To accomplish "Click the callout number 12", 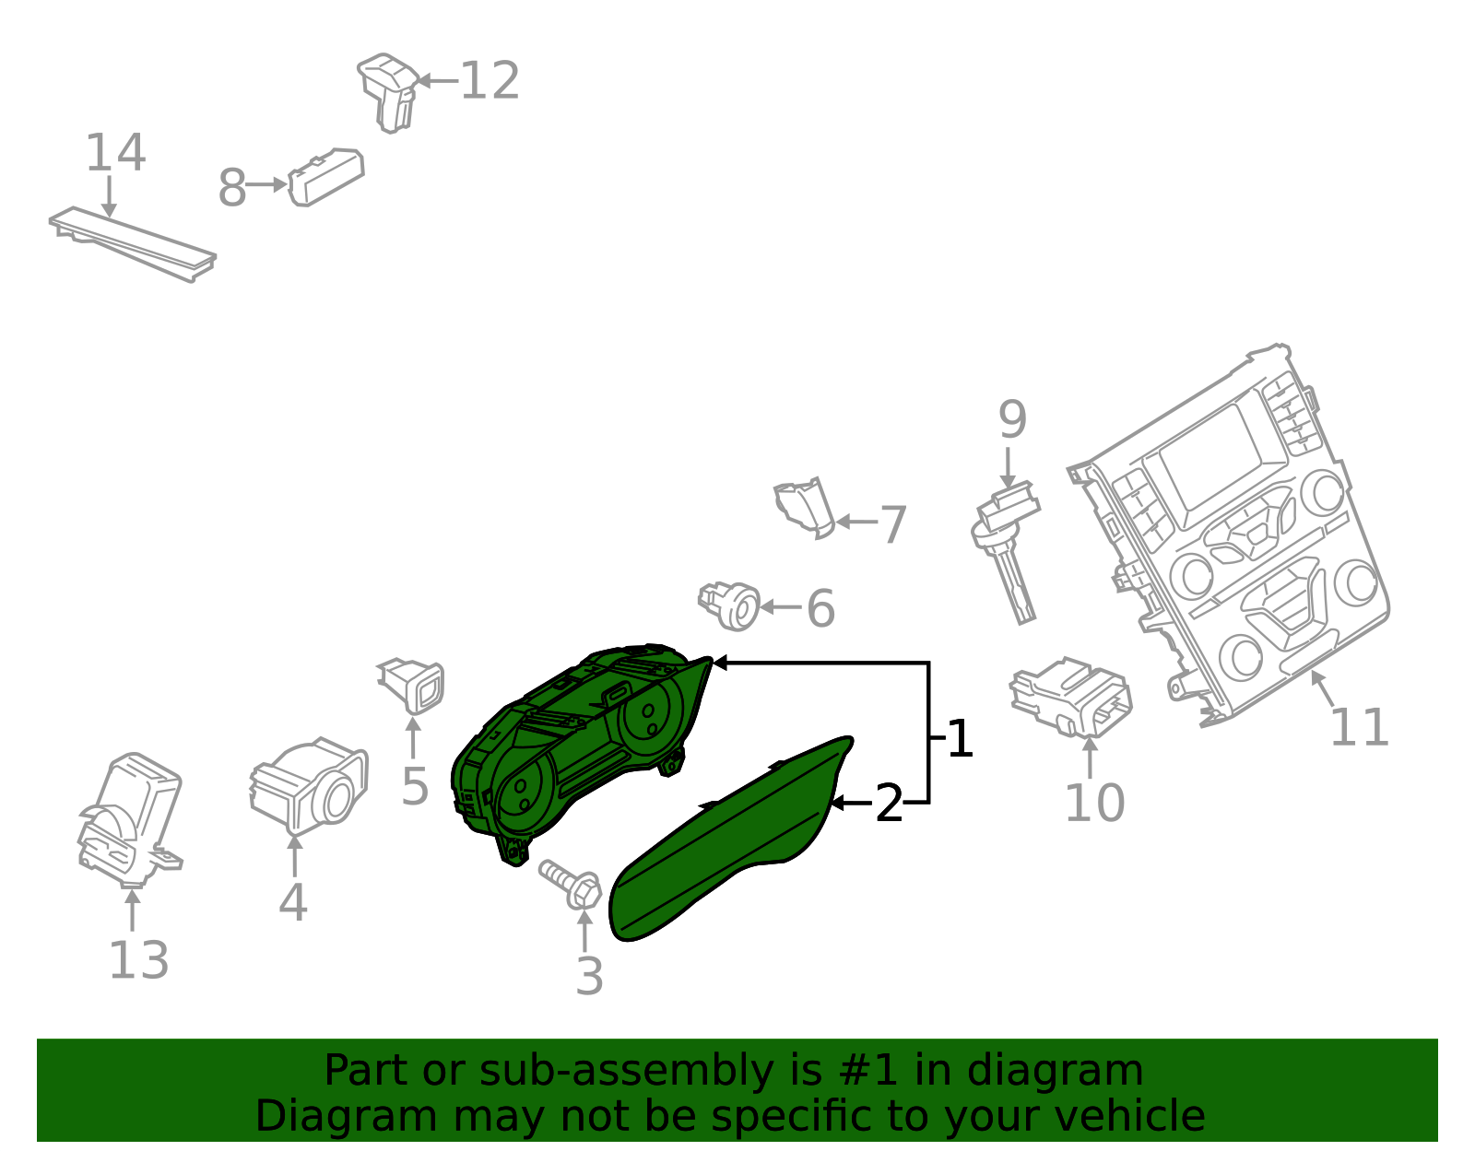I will [x=490, y=81].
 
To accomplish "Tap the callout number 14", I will [x=115, y=153].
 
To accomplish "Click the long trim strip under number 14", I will [x=133, y=243].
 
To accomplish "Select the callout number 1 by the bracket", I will [x=960, y=739].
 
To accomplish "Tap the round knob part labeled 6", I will [x=731, y=605].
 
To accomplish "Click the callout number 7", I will [x=893, y=525].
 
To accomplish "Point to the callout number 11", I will [x=1359, y=728].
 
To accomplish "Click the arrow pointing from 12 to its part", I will [x=437, y=81].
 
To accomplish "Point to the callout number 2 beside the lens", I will [x=888, y=805].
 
